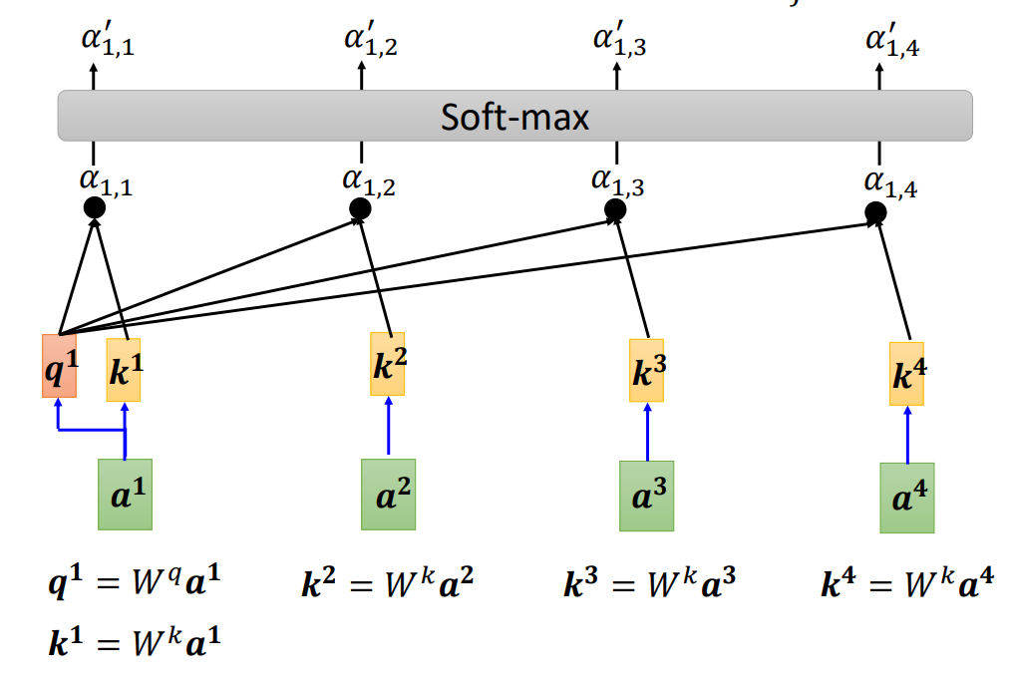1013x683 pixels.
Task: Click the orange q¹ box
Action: [59, 366]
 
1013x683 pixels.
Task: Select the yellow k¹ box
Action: [124, 370]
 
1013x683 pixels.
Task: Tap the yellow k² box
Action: [389, 364]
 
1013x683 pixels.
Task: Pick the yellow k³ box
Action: [647, 370]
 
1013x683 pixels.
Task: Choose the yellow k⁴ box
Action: [906, 374]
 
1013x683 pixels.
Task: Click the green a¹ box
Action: [126, 494]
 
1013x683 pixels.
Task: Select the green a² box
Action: [389, 494]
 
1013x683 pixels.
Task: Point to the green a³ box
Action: [647, 495]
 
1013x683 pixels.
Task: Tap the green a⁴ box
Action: [906, 497]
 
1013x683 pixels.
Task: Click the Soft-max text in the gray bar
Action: [514, 118]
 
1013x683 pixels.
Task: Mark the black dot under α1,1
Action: [95, 207]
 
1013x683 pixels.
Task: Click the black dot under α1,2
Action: [361, 208]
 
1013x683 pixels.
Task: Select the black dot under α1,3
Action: [615, 209]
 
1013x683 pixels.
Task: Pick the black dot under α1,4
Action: [875, 212]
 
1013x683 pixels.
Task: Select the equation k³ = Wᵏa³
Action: [649, 583]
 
